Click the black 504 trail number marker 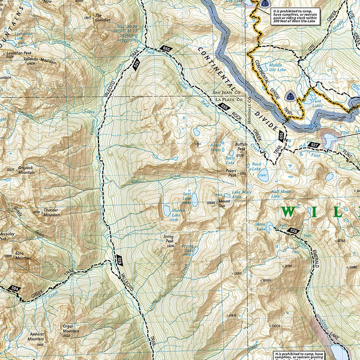pyautogui.click(x=15, y=290)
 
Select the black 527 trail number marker pyautogui.click(x=314, y=145)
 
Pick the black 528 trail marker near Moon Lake pyautogui.click(x=292, y=230)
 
